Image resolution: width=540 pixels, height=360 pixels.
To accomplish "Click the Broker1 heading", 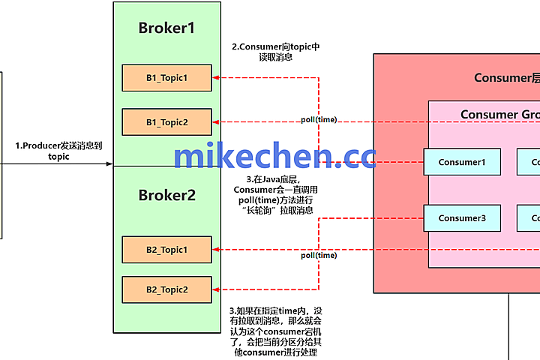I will click(x=166, y=28).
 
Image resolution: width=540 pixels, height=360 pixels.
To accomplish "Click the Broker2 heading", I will click(x=166, y=195).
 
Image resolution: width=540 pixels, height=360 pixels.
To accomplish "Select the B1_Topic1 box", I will click(x=166, y=77).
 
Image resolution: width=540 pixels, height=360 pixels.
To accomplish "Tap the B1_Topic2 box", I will click(x=166, y=121).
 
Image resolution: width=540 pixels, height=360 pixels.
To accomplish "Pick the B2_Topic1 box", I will click(x=166, y=249).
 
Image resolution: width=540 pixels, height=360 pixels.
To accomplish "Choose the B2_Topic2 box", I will click(x=166, y=289).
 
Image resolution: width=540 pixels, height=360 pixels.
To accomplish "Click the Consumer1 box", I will click(x=462, y=162).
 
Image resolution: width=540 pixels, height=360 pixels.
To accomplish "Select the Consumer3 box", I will click(x=462, y=218).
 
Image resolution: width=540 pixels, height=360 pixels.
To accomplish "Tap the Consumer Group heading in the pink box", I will click(x=499, y=115).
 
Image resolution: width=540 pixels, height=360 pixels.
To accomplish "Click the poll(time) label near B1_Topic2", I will click(x=319, y=119).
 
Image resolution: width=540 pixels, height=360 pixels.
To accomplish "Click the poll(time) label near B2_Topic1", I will click(x=319, y=255).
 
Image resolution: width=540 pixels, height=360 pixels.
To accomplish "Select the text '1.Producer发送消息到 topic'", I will click(x=58, y=151).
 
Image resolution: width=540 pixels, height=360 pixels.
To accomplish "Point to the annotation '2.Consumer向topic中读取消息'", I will click(x=275, y=52).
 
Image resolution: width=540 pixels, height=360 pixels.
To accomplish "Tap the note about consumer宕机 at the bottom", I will click(x=277, y=331).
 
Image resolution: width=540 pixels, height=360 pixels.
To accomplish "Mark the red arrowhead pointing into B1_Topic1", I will click(x=217, y=77).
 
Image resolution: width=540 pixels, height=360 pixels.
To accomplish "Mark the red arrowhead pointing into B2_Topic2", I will click(x=217, y=289).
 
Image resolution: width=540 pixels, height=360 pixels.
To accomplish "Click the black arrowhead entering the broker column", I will click(x=109, y=163).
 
